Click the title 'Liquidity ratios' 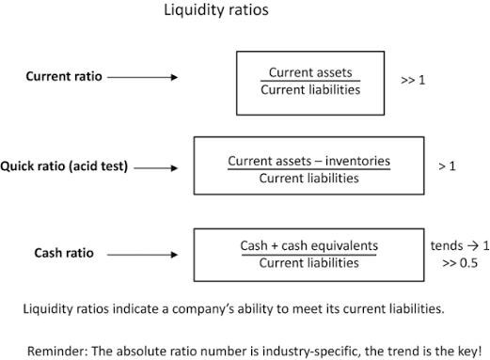tap(216, 10)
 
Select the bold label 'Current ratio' tap(64, 76)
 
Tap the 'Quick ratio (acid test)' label tap(64, 166)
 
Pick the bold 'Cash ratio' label tap(64, 253)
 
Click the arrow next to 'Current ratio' tap(143, 77)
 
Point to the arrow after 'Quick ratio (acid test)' tap(156, 168)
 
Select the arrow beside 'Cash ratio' tap(143, 255)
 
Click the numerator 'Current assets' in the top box tap(310, 72)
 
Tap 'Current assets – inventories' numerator tap(308, 161)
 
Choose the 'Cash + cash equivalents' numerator tap(309, 245)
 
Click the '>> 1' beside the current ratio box tap(413, 80)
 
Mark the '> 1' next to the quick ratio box tap(447, 166)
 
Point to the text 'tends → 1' tap(460, 245)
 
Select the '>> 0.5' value tap(460, 263)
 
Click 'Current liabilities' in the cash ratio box tap(308, 263)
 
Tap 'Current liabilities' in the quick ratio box tap(308, 179)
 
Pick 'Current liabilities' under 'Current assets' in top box tap(310, 90)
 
